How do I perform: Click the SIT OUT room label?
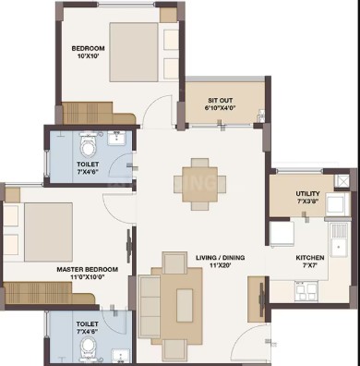point(220,101)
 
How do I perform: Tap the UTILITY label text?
point(307,194)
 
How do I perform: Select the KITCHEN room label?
point(310,258)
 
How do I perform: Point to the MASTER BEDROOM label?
point(87,270)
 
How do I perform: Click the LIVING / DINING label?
point(221,258)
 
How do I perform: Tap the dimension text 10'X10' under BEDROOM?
point(88,56)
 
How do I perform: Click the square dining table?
point(199,184)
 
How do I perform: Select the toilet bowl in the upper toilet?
point(89,145)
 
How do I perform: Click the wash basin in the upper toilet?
point(116,139)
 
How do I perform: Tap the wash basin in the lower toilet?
point(121,356)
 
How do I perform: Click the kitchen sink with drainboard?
point(340,240)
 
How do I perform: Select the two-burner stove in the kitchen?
point(306,291)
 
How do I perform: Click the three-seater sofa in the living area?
point(150,306)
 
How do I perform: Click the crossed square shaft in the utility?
point(342,181)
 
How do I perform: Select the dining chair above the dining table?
point(199,163)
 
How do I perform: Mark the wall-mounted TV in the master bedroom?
point(129,246)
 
